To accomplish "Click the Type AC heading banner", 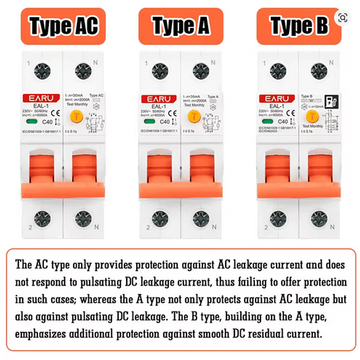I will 63,26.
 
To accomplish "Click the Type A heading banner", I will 181,26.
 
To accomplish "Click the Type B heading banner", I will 299,26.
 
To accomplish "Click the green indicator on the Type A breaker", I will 148,121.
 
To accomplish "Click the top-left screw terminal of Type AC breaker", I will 42,71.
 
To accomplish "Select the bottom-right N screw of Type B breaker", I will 318,219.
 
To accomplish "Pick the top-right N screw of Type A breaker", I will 201,71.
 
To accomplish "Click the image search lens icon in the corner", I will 342,18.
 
